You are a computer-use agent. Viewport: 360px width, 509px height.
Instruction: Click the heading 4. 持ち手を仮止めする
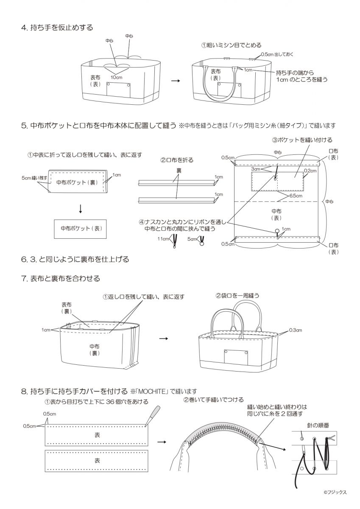click(x=57, y=28)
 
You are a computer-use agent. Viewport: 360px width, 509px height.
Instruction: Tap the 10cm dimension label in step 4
click(x=117, y=77)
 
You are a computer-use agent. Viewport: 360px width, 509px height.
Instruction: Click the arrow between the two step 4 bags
click(x=174, y=80)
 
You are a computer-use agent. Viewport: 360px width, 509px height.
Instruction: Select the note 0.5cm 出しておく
click(x=276, y=55)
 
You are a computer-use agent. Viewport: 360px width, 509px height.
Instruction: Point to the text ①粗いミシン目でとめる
click(x=231, y=45)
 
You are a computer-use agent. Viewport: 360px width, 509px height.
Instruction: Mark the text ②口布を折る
click(x=177, y=160)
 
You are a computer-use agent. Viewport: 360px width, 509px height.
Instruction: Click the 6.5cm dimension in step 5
click(x=296, y=196)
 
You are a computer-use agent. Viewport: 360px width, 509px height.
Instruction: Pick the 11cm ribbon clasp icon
click(x=174, y=242)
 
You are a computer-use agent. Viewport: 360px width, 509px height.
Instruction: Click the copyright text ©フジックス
click(x=335, y=492)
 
